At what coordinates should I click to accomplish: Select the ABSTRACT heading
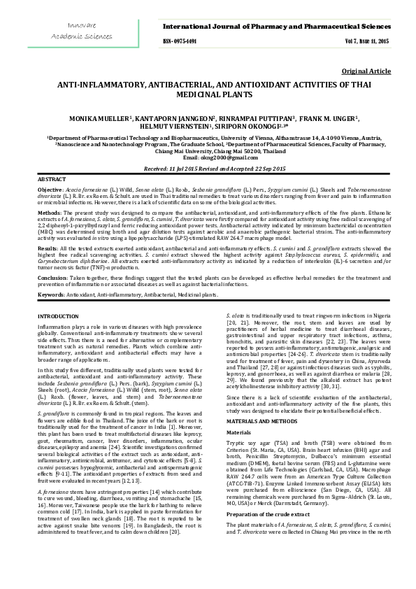pyautogui.click(x=50, y=180)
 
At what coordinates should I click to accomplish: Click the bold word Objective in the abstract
pyautogui.click(x=50, y=190)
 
